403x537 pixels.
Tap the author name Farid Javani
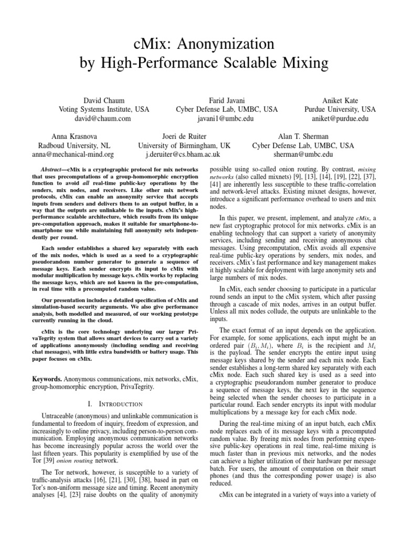[x=227, y=100]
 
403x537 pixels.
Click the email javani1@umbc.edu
[x=227, y=119]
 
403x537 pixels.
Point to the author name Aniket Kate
[x=340, y=100]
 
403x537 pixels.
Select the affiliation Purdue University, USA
[x=340, y=109]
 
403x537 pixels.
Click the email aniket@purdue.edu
[x=340, y=119]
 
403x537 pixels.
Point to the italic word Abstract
[x=54, y=170]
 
